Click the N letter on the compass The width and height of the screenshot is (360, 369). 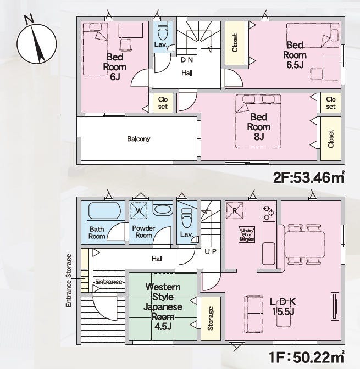click(30, 19)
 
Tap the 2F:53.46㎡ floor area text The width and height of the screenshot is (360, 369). click(309, 177)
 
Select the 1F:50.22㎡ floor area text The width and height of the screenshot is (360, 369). click(307, 357)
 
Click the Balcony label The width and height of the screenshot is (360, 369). click(139, 139)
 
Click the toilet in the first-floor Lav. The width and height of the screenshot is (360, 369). click(187, 217)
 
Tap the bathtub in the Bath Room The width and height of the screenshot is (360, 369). click(104, 211)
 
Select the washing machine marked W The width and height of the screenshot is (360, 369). click(139, 210)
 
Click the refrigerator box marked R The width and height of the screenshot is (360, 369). click(235, 211)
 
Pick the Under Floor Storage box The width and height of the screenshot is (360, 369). click(247, 234)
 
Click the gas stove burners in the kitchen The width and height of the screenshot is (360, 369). click(269, 213)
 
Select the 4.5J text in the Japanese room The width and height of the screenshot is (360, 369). click(163, 326)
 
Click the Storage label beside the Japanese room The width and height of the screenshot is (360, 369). click(211, 318)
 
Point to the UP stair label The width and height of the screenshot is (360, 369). click(211, 251)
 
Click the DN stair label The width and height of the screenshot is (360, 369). click(187, 60)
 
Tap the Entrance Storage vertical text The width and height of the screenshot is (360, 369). click(68, 281)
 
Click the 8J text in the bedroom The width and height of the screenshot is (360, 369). click(259, 137)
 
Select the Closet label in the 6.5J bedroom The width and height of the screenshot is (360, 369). click(235, 43)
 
